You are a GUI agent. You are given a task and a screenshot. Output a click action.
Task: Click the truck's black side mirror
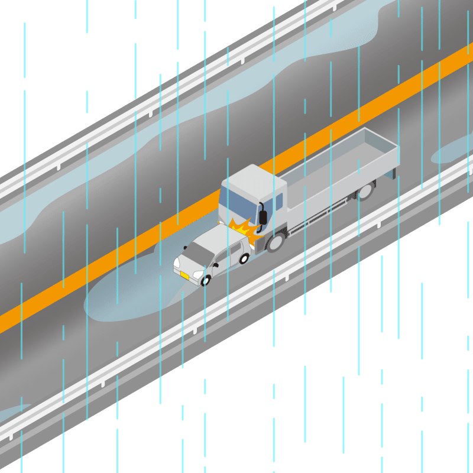[263, 216]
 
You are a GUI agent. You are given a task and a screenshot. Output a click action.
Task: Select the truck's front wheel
[275, 242]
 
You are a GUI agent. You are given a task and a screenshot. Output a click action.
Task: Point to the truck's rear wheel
[365, 190]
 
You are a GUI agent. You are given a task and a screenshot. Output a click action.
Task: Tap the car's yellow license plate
[184, 274]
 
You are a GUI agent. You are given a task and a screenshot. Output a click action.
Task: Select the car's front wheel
[206, 280]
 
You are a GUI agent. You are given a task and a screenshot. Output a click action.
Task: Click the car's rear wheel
[244, 258]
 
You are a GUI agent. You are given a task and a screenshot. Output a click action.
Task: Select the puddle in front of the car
[124, 299]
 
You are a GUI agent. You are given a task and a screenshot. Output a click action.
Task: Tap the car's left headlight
[177, 261]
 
